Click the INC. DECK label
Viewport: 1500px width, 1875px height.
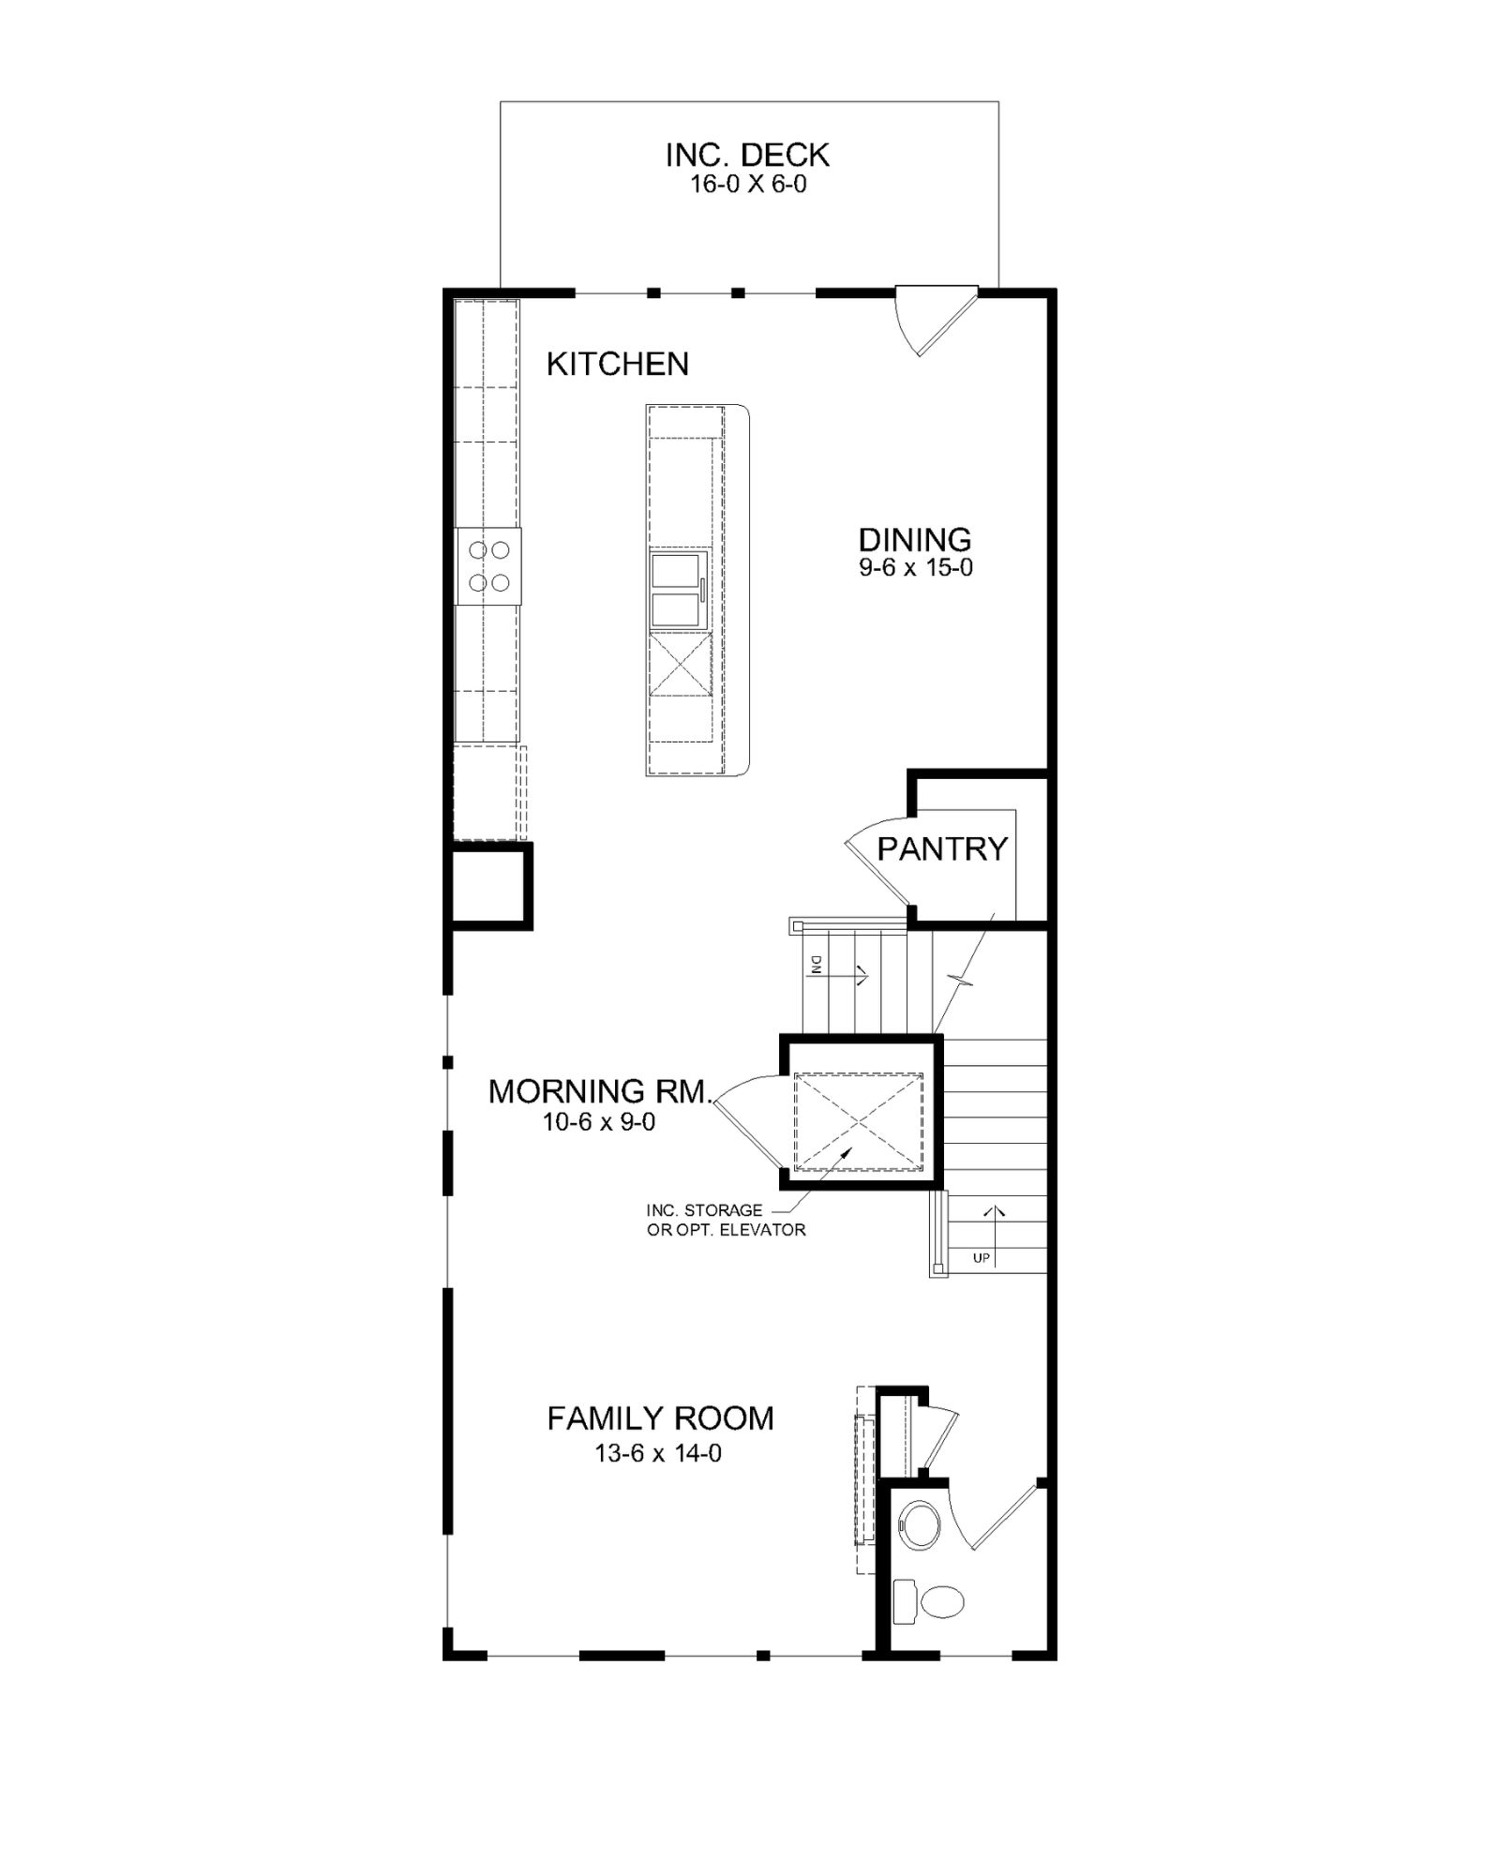(x=747, y=155)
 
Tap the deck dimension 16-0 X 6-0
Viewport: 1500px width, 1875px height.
(x=748, y=184)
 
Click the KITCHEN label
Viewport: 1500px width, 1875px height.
(x=618, y=364)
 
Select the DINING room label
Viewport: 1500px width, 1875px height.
(x=915, y=539)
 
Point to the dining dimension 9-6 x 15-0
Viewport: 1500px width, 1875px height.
(x=916, y=567)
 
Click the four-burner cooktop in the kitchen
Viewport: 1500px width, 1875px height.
(x=488, y=566)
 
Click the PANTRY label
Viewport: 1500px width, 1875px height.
(x=942, y=848)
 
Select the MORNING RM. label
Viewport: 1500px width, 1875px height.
(x=601, y=1091)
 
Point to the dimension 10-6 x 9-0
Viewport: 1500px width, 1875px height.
(x=599, y=1121)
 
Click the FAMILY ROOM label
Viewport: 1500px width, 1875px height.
(x=661, y=1418)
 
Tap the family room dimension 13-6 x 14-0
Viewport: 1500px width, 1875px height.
(x=658, y=1453)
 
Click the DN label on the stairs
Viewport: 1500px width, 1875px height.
(x=816, y=965)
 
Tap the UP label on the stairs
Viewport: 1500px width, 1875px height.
(x=982, y=1258)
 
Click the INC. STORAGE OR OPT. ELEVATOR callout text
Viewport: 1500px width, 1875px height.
(x=726, y=1220)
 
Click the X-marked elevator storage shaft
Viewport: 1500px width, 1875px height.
(x=859, y=1122)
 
